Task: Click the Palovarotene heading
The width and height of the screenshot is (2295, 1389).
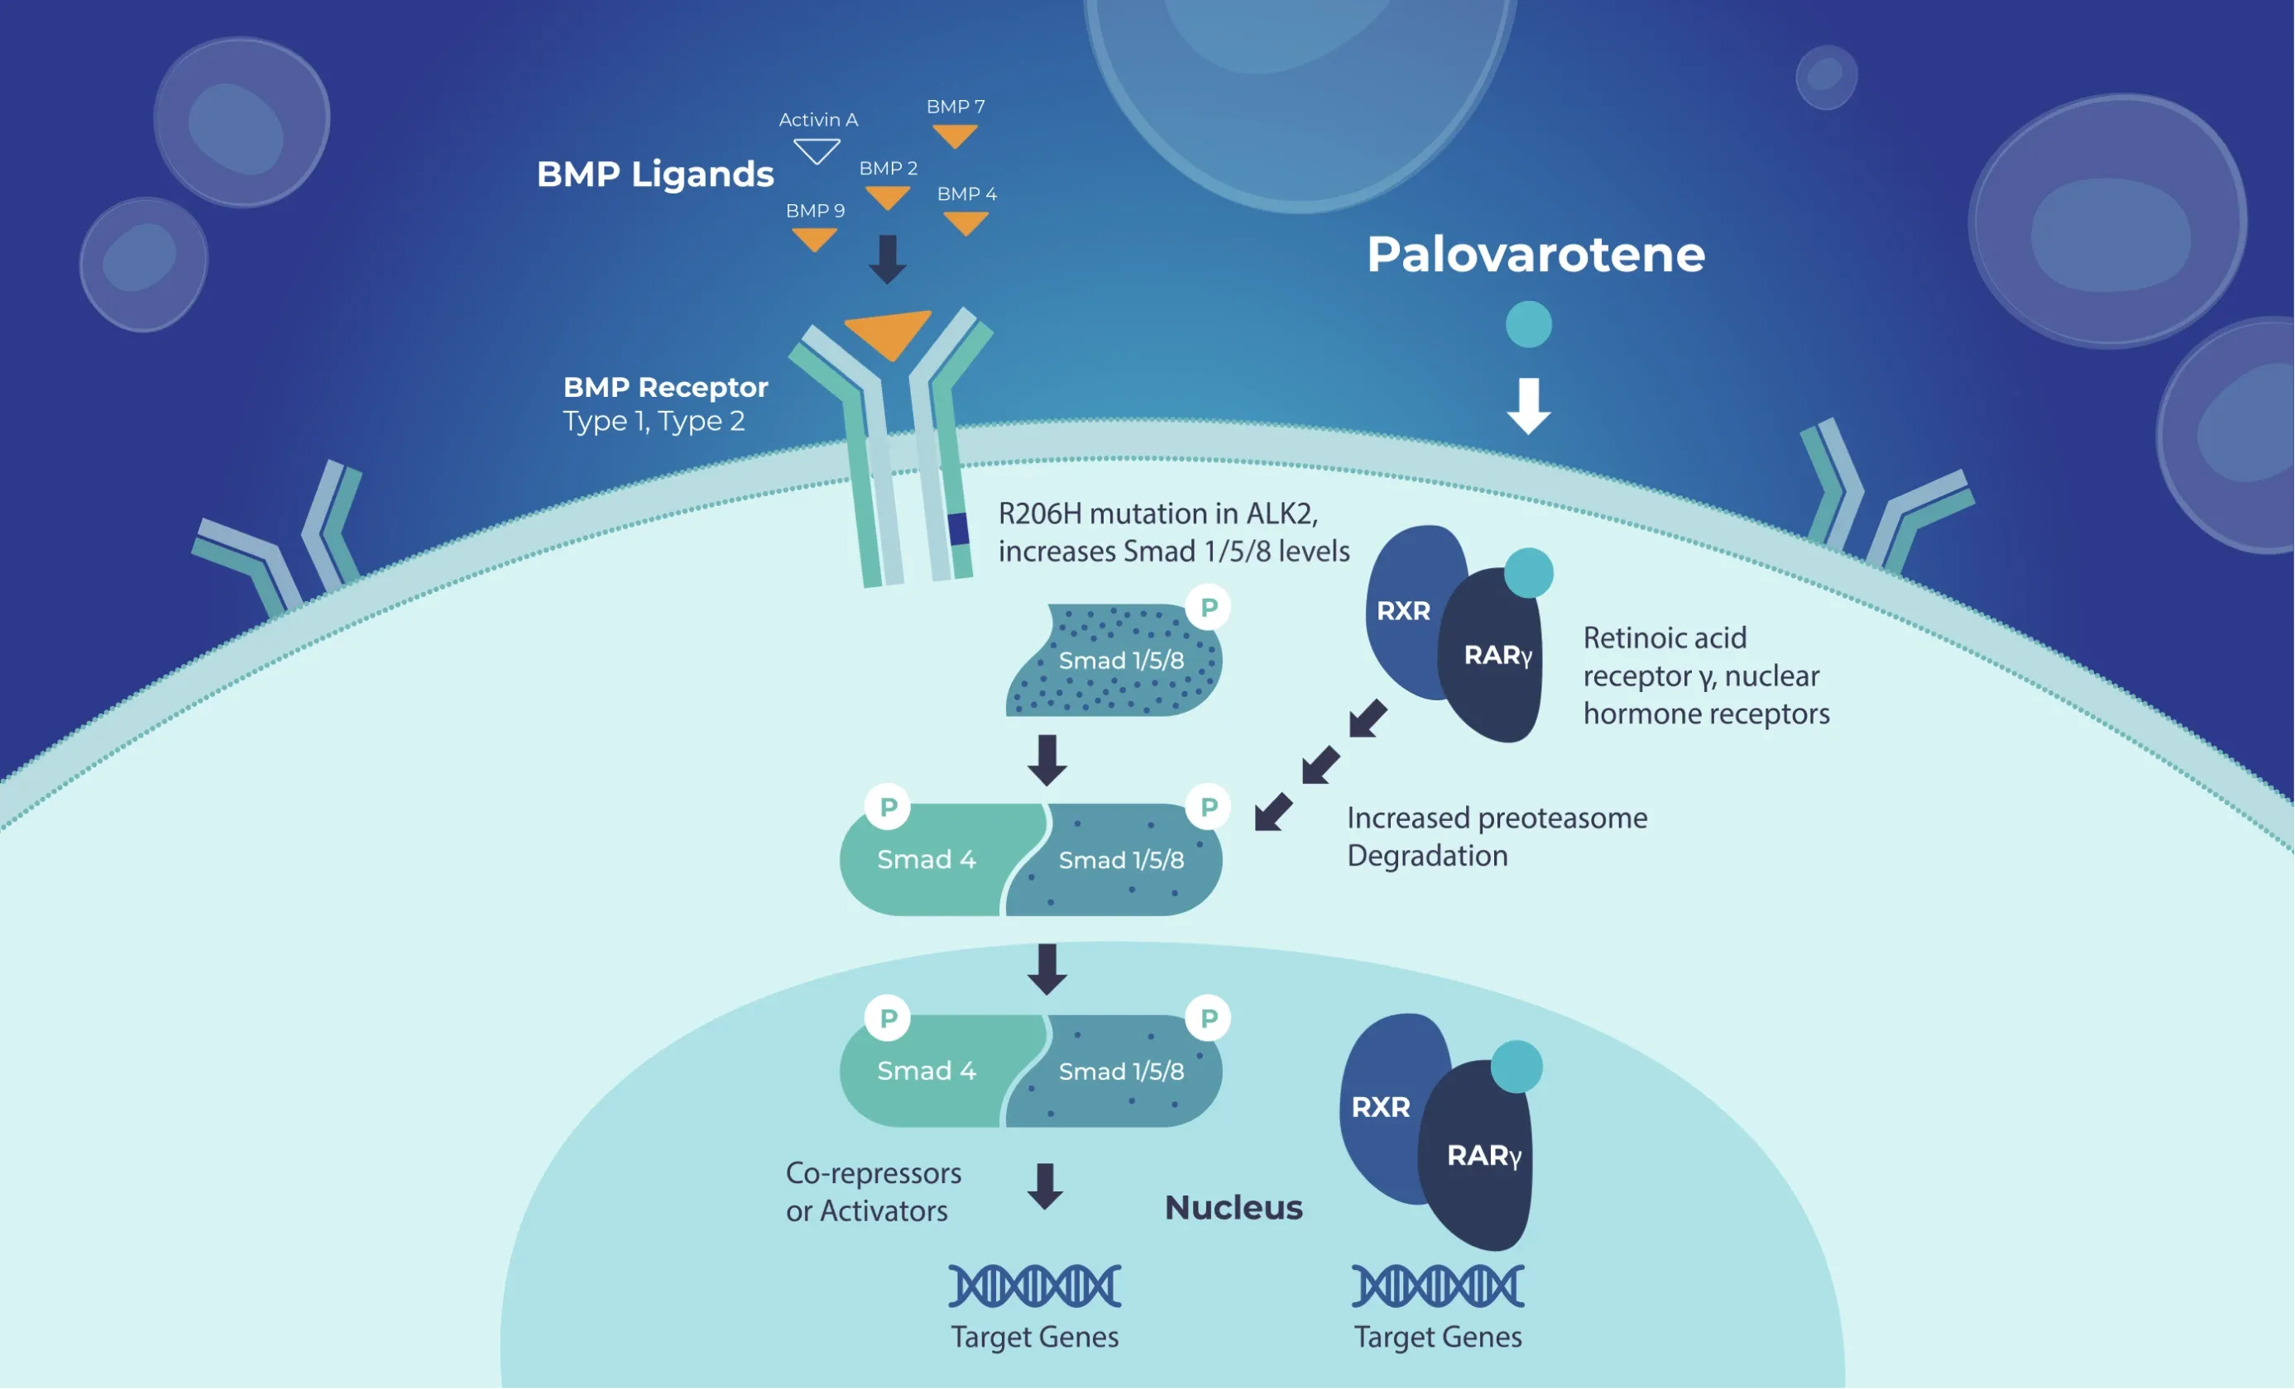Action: click(x=1535, y=254)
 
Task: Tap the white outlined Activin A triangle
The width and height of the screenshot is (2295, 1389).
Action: click(x=817, y=150)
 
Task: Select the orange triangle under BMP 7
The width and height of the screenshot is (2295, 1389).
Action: click(x=955, y=136)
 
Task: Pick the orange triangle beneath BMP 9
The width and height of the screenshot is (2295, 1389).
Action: click(x=814, y=238)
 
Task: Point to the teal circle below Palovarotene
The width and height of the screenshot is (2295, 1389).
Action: click(x=1528, y=324)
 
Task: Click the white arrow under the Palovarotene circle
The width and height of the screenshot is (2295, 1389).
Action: click(x=1528, y=405)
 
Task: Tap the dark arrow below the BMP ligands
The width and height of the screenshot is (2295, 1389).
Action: click(x=888, y=259)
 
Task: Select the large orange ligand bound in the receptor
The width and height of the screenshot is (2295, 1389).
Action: click(x=888, y=332)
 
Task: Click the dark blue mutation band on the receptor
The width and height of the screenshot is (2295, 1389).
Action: click(x=958, y=529)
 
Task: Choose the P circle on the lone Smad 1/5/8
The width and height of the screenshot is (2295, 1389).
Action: click(x=1208, y=608)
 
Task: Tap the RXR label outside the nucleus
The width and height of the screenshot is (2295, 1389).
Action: click(x=1402, y=611)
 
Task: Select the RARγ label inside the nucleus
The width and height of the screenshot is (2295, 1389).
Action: click(x=1483, y=1155)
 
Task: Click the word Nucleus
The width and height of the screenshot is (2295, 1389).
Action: click(x=1234, y=1207)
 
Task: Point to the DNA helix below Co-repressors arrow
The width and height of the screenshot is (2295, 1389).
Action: click(x=1034, y=1286)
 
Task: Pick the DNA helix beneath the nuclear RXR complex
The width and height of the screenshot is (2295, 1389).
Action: click(x=1437, y=1286)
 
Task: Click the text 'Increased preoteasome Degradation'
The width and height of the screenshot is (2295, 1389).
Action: click(x=1496, y=836)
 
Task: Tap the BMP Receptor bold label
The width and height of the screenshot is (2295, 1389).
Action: click(x=665, y=387)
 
